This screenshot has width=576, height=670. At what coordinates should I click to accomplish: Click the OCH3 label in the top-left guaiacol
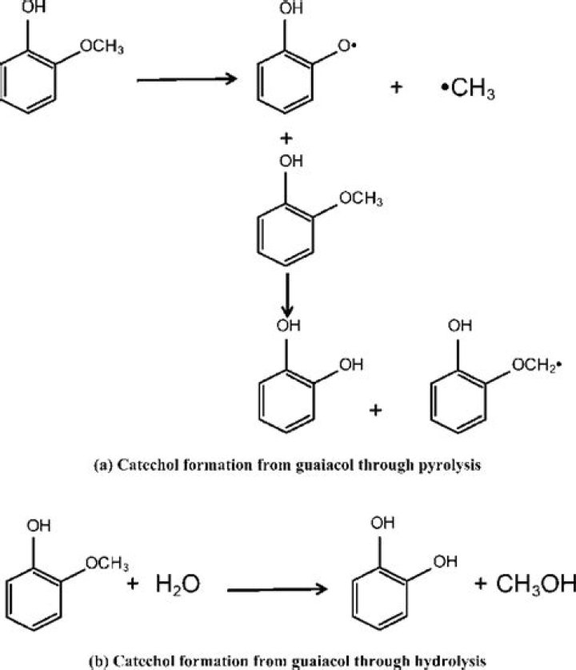[102, 48]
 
